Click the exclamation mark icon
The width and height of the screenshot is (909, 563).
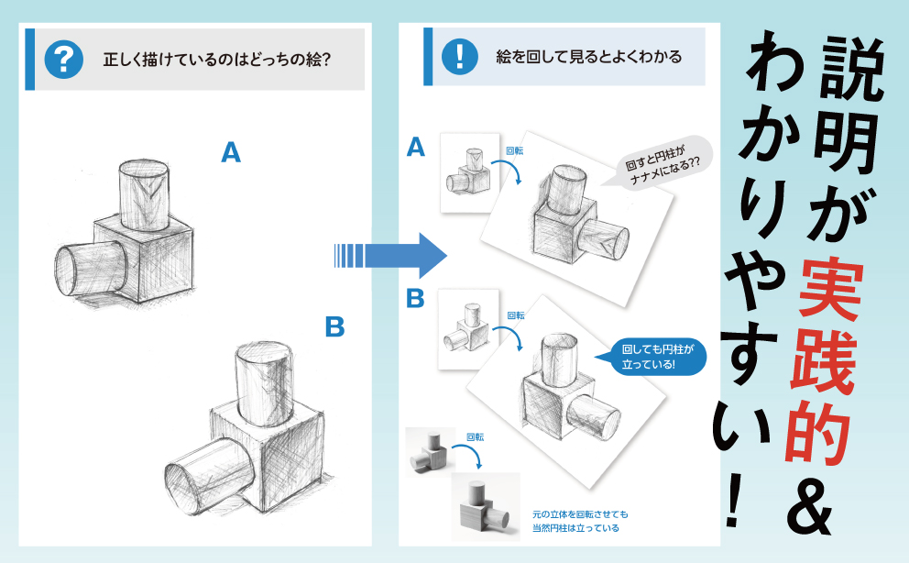455,57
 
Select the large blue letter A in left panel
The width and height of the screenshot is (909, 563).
231,152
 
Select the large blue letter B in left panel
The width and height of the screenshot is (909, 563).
334,326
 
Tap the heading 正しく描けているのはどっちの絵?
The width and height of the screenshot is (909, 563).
217,61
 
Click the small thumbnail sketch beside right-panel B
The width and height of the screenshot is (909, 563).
468,329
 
